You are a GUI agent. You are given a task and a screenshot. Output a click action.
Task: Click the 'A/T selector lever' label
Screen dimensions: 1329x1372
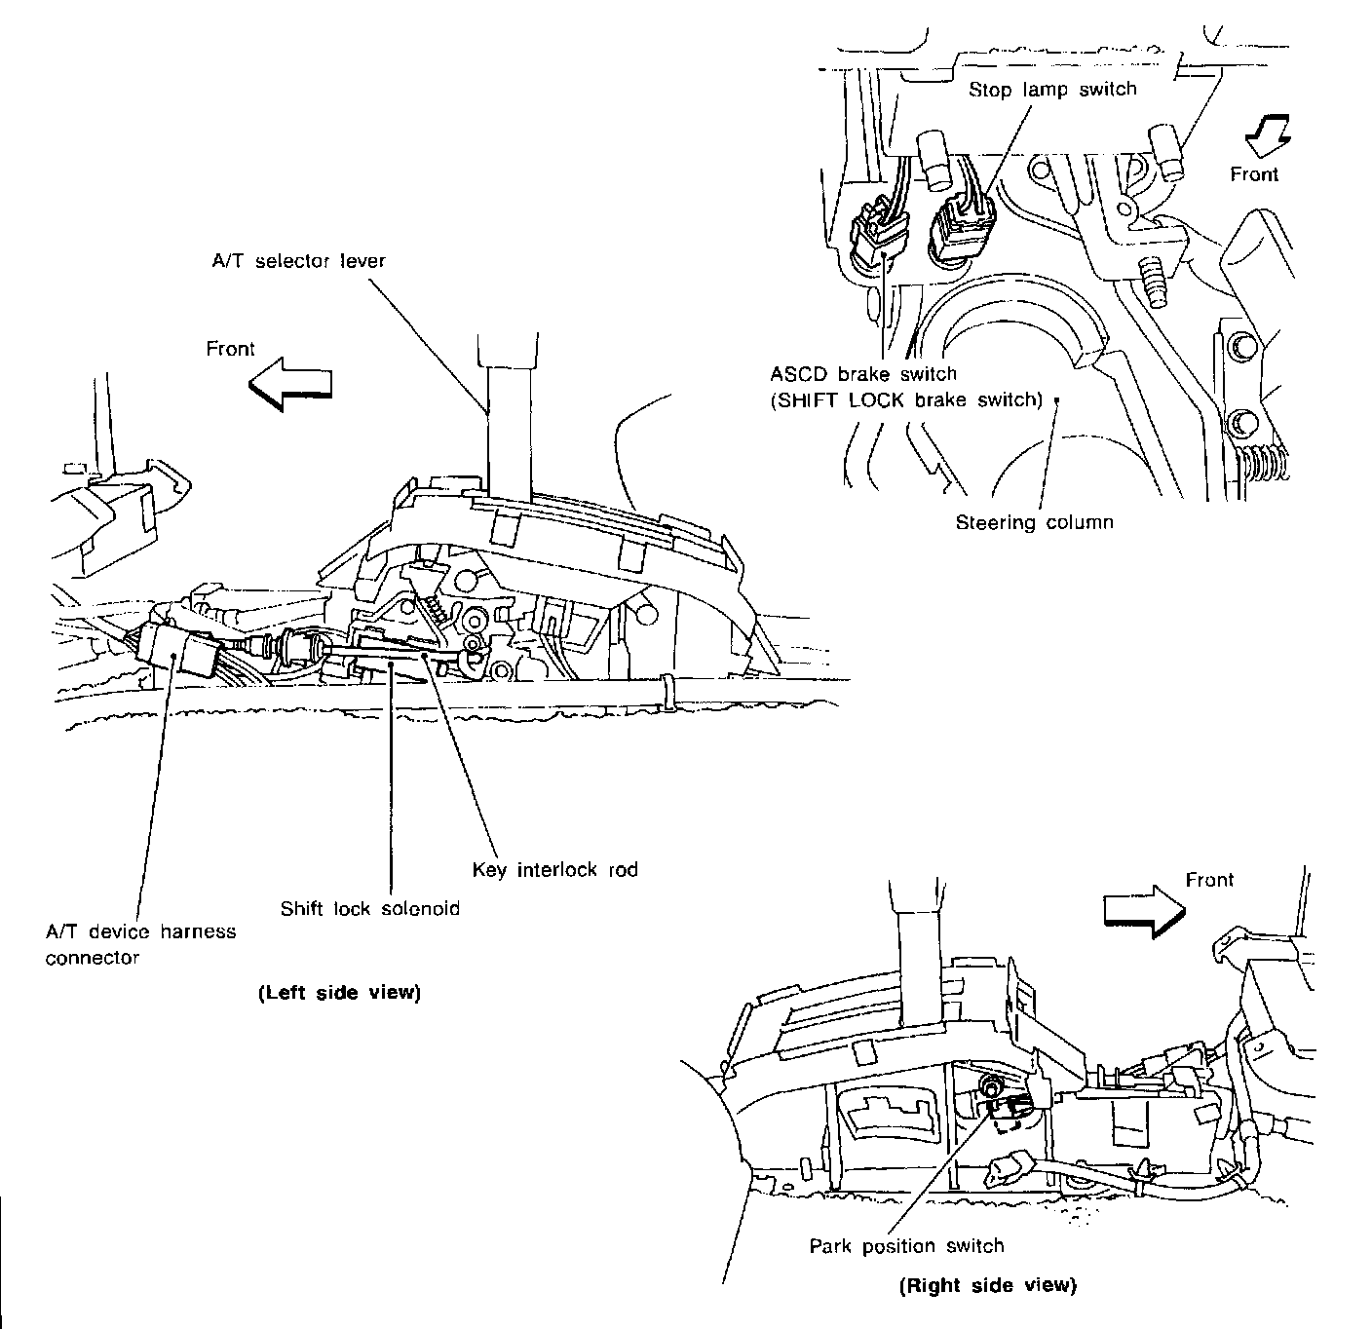[x=298, y=261]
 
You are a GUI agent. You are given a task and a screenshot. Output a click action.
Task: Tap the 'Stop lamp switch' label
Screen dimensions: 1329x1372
[x=1052, y=90]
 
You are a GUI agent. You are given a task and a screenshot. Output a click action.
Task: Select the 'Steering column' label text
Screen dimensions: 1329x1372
[x=1034, y=522]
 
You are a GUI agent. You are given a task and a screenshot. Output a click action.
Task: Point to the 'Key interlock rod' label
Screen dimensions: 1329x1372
[x=554, y=869]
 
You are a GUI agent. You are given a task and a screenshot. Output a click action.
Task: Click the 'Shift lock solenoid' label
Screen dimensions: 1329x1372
[x=369, y=909]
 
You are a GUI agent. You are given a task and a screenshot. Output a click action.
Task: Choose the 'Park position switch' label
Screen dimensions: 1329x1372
[x=906, y=1246]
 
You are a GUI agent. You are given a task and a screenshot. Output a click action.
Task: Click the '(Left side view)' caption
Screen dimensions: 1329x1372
[x=338, y=994]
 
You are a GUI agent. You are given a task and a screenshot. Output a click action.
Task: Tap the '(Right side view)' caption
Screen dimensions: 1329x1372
[x=987, y=1285]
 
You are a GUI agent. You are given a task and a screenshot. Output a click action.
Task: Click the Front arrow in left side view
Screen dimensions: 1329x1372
[x=290, y=383]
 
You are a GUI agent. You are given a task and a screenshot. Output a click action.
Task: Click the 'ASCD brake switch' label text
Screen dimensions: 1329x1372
[x=863, y=374]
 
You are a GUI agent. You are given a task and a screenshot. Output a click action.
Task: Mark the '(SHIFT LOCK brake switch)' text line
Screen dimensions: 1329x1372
[x=906, y=399]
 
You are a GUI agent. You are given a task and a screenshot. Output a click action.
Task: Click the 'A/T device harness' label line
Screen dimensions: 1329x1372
[x=140, y=931]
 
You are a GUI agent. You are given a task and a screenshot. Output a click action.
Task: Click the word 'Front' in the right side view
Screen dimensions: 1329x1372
[x=1209, y=880]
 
